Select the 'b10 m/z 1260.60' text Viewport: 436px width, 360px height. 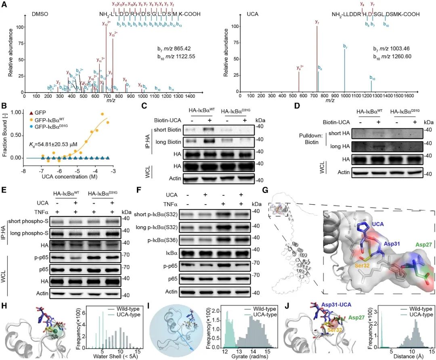pos(392,56)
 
